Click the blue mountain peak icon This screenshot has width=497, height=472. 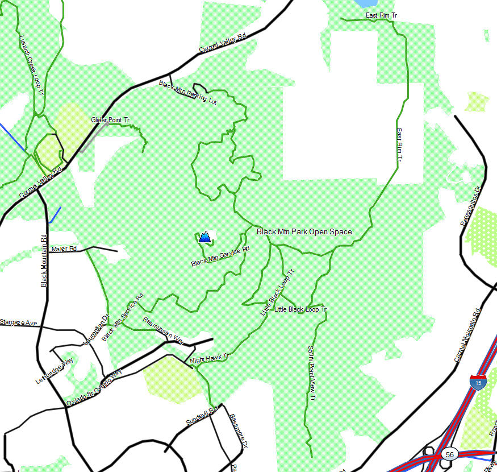pos(204,237)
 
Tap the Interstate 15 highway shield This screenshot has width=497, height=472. pos(478,382)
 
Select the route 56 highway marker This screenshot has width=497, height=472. pos(450,454)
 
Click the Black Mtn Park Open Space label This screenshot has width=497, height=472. pos(304,231)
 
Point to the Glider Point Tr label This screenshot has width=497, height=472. pos(110,120)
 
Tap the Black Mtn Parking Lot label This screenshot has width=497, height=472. pos(188,93)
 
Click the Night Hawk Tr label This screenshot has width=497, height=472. pos(208,358)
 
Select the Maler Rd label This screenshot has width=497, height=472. pos(64,249)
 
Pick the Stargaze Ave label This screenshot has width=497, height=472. pos(19,322)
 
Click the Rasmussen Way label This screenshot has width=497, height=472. pos(164,330)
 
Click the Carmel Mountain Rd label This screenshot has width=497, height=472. pos(467,336)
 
